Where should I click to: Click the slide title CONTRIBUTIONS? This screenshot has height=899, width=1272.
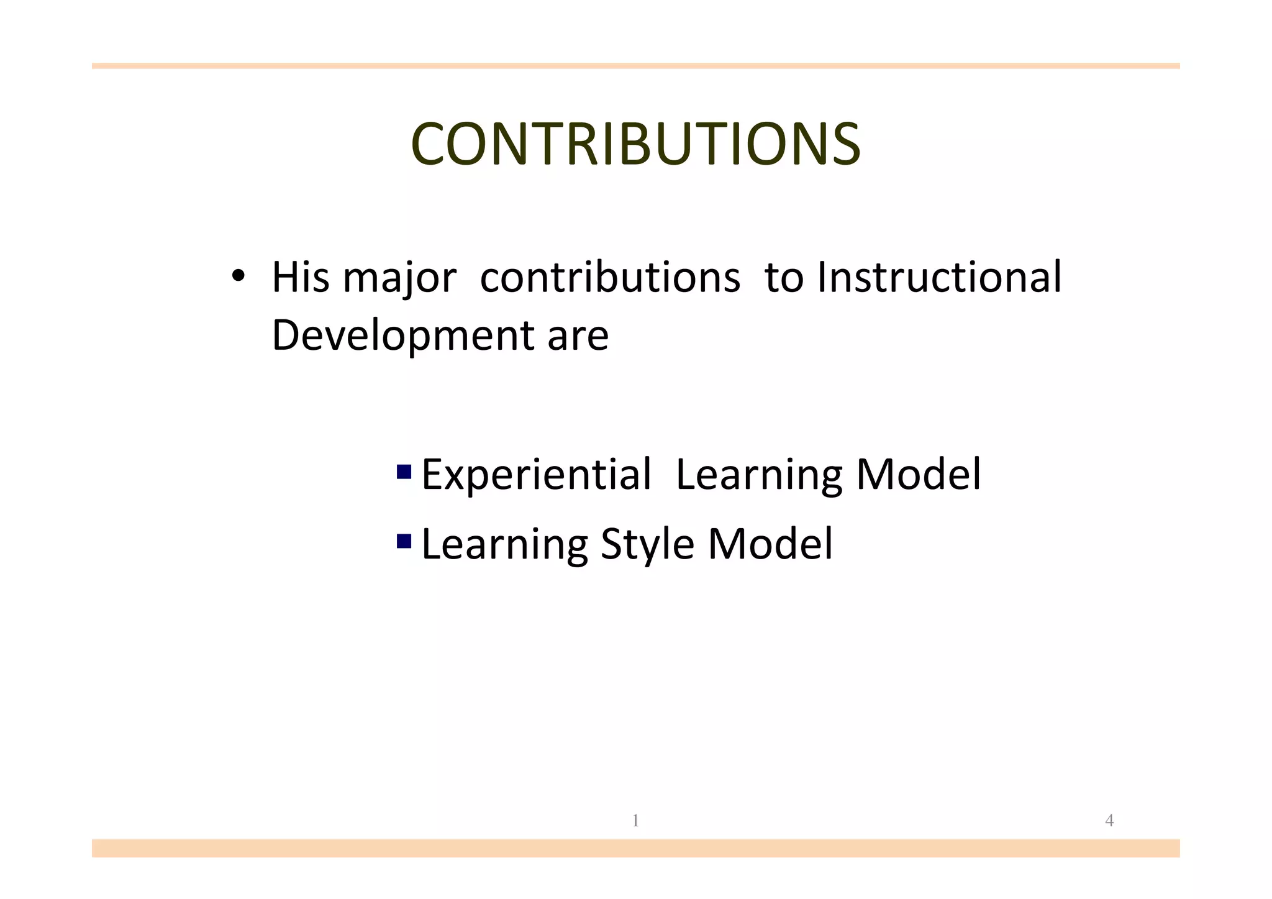click(x=635, y=144)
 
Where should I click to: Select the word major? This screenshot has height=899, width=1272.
click(x=399, y=279)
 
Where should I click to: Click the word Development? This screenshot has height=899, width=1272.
click(x=403, y=336)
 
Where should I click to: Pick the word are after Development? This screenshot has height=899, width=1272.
click(x=578, y=336)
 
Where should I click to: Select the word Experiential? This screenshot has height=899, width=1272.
click(x=537, y=475)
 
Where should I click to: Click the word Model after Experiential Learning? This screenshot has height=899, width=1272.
click(x=919, y=475)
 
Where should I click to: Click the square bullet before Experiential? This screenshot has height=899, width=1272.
click(x=404, y=472)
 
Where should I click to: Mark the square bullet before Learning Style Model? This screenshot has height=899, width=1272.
click(x=404, y=541)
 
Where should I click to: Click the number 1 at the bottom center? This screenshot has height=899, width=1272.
click(x=635, y=821)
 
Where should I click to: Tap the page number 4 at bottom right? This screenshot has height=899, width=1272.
click(x=1109, y=821)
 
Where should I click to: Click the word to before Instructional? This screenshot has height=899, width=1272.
click(x=784, y=278)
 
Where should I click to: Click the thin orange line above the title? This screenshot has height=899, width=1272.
click(x=635, y=66)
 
